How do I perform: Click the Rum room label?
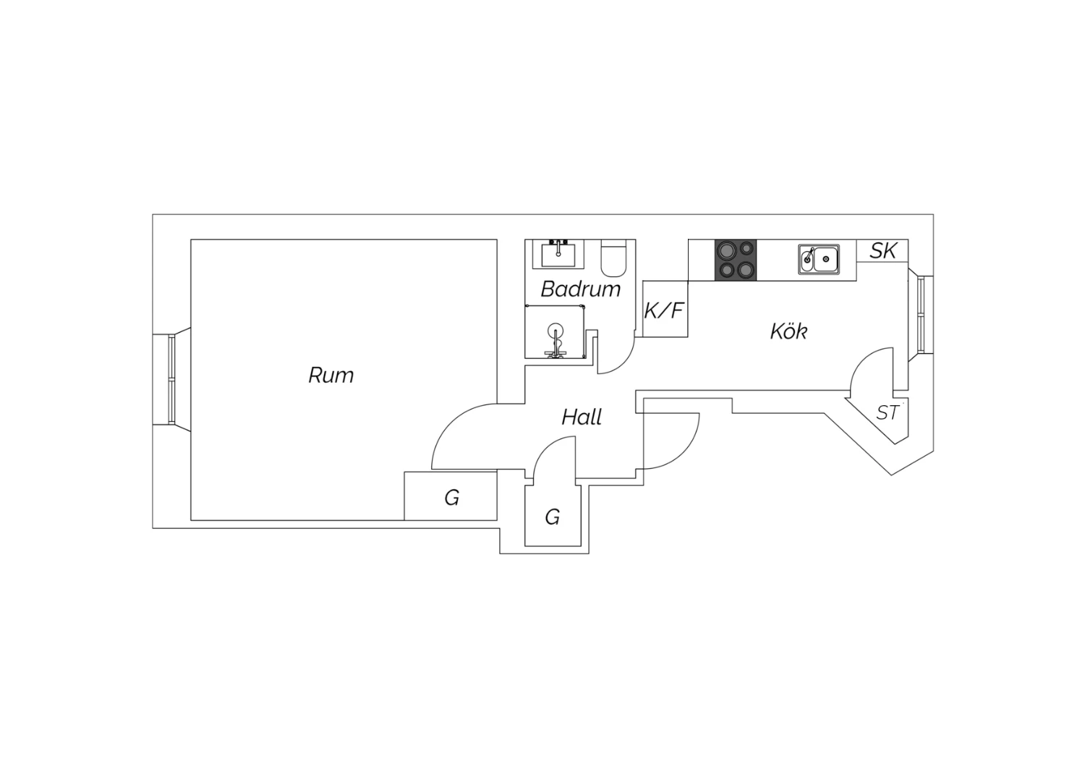pos(331,376)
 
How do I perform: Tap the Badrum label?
pos(580,289)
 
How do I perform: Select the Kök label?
pos(788,331)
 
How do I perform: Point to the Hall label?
pos(582,418)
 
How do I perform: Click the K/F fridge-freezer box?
pos(665,310)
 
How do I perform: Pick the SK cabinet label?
pos(882,251)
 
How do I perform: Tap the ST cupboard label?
pos(888,412)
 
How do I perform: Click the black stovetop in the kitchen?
pos(736,260)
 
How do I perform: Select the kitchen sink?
pos(819,258)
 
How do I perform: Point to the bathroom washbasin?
pos(558,254)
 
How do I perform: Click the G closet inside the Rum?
pos(451,497)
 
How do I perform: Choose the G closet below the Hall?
pos(552,517)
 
